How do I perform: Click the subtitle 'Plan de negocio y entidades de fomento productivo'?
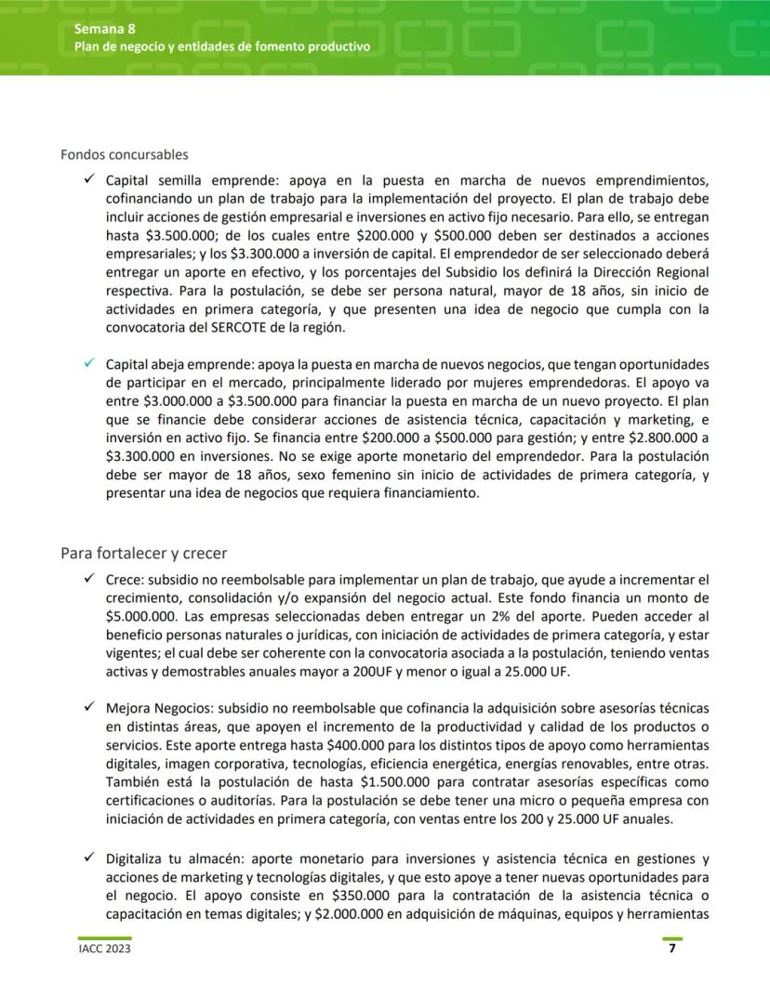click(x=222, y=46)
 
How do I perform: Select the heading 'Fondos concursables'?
click(x=124, y=154)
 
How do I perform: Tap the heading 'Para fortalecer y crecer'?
click(x=143, y=554)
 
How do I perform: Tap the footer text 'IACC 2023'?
click(x=104, y=949)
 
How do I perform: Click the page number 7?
click(x=672, y=949)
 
